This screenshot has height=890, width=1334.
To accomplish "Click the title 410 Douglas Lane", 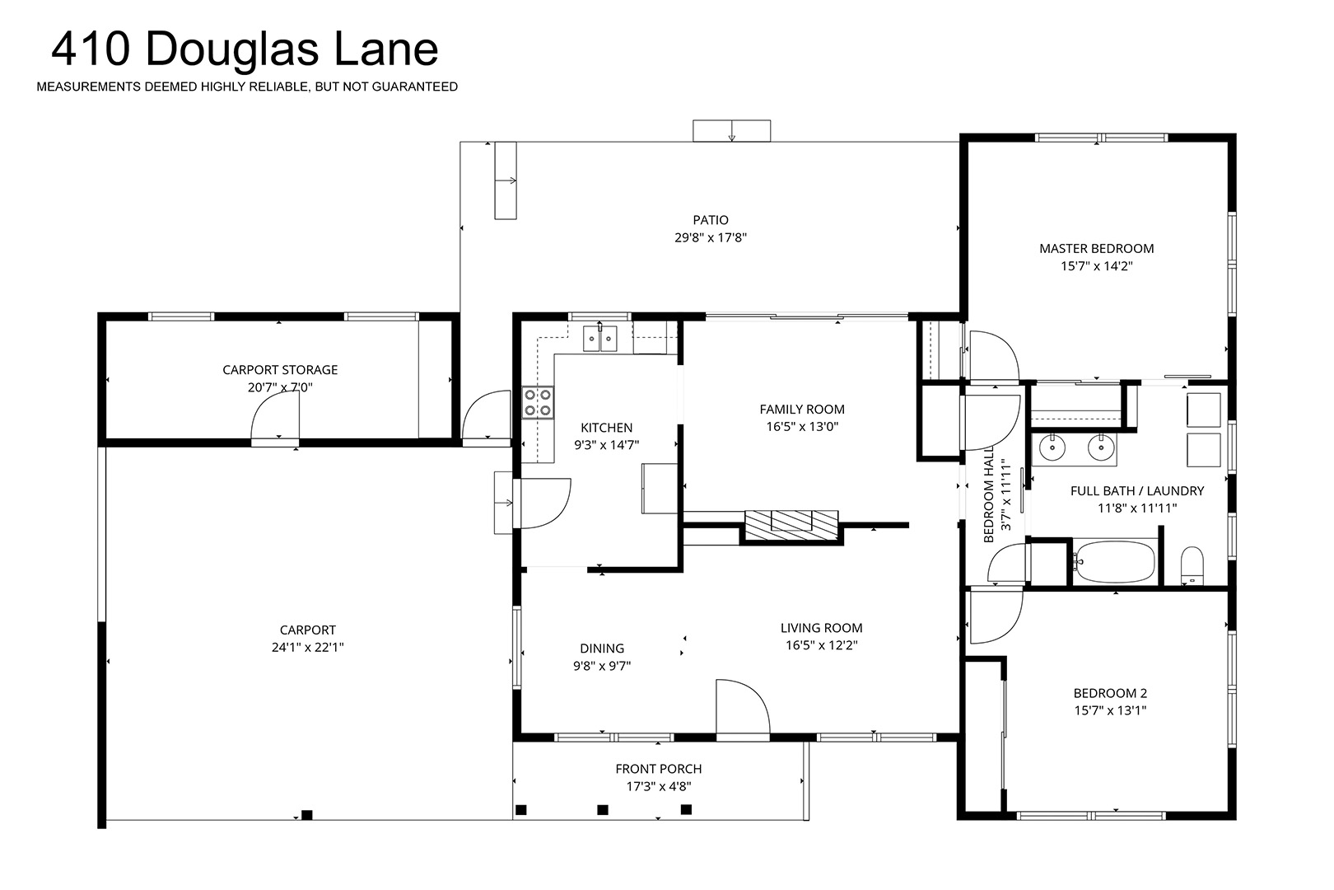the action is [x=245, y=49].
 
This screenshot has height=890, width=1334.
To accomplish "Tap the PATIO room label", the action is [x=711, y=220].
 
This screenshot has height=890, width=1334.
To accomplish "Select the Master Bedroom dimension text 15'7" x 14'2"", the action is [x=1096, y=266].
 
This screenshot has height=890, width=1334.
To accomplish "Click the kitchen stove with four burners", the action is [x=538, y=402].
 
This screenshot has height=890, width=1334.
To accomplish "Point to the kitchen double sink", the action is [x=599, y=339].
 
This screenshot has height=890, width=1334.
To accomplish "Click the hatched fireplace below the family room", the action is [x=791, y=525].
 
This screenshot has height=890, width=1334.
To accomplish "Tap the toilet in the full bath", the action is [x=1192, y=565].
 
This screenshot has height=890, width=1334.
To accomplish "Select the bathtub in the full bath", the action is [x=1115, y=561].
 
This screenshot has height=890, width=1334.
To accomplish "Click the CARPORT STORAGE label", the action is [x=280, y=369].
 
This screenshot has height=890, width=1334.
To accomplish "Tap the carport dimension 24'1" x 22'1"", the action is [x=307, y=647].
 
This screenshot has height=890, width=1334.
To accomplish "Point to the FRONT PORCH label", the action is [x=659, y=768].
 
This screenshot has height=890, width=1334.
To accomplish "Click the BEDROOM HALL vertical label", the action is [x=989, y=494].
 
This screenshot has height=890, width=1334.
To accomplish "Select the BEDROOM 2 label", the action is [x=1110, y=693].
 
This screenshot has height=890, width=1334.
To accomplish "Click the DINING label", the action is [x=602, y=648].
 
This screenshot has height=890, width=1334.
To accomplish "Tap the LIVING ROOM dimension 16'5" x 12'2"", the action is [x=821, y=644].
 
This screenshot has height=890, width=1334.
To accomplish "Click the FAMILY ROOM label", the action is [x=801, y=409].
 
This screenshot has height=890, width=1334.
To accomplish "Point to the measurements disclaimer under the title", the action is [x=247, y=87].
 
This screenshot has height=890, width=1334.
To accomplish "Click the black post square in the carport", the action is [x=306, y=815].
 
